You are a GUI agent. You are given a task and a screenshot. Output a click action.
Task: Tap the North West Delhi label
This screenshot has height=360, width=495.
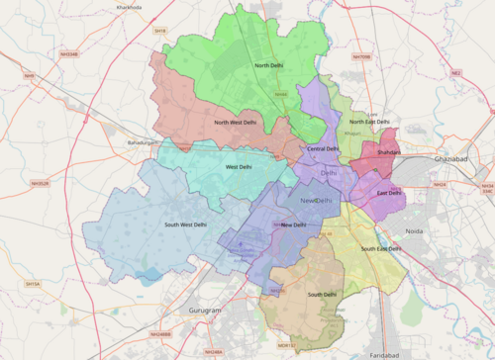coord(235,123)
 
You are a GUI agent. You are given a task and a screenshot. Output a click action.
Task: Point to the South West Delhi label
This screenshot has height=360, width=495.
coord(185,225)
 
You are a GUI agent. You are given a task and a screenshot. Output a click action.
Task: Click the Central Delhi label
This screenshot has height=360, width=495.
coord(323,149)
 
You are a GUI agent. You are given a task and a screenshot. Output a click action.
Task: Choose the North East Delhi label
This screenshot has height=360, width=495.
coord(369,123)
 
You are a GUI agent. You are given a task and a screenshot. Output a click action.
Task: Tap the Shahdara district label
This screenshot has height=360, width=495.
coord(389,152)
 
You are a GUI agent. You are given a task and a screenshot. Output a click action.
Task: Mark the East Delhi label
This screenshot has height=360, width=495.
coord(389,193)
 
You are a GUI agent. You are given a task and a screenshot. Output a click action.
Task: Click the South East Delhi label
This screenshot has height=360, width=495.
coord(381,248)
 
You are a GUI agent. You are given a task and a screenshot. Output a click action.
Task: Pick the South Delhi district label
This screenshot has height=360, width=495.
coord(323,295)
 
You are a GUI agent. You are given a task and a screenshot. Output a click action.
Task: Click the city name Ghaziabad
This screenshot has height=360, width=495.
coord(455,159)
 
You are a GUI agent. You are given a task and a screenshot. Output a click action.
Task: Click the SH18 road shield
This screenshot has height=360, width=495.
coord(160,32)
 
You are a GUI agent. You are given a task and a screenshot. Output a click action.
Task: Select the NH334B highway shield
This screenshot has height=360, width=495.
coord(67,54)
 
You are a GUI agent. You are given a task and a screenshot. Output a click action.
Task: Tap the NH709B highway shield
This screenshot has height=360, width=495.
coord(362,57)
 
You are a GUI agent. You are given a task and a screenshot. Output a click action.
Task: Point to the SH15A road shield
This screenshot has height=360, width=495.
coord(33,284)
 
